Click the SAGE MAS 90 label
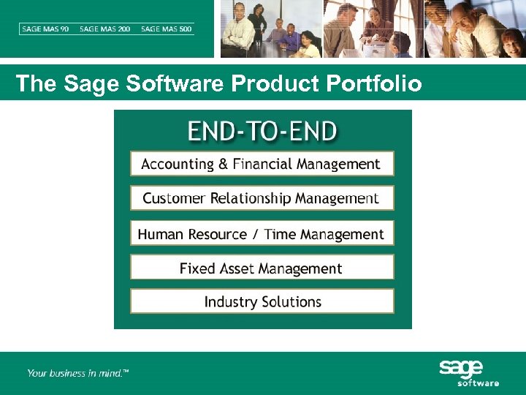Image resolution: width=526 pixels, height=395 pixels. coord(45,29)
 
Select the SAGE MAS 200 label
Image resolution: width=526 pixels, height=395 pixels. coord(105,29)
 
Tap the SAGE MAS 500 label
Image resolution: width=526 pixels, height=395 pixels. coord(167,29)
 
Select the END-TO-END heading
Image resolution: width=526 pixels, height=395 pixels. coord(262,132)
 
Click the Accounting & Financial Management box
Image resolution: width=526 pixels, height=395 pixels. coord(262,164)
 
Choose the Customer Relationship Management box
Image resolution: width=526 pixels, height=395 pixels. coord(262,198)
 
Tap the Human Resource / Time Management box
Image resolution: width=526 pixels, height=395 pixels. coord(262,234)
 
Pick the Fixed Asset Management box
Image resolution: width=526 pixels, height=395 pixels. coord(262,268)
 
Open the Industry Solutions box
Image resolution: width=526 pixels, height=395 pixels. coord(262,302)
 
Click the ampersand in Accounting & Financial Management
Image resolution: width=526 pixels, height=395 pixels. coord(223,165)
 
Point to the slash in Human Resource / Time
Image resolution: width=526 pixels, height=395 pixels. coord(256,235)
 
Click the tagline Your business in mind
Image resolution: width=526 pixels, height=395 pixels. coord(77,373)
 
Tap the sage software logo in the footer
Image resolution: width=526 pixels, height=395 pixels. coord(468,373)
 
